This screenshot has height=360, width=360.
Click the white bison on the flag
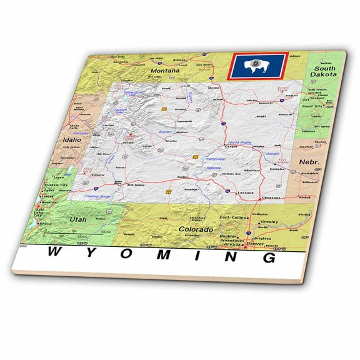tap(257, 64)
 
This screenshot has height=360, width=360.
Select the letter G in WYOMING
tap(268, 258)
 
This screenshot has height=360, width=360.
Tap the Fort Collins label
tap(234, 217)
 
